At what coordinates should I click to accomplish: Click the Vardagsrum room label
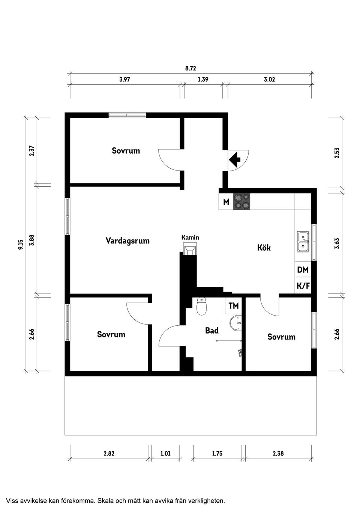coord(127,241)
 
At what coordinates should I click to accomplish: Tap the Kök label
coord(264,248)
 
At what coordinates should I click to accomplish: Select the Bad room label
coord(212,331)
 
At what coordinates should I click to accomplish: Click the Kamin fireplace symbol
coord(190,249)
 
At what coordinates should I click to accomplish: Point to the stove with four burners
coord(242,201)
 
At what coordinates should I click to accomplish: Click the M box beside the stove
coord(226,202)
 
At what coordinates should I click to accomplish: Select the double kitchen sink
coord(303,241)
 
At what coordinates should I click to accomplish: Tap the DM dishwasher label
coord(303,270)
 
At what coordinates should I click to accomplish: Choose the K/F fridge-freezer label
coord(303,286)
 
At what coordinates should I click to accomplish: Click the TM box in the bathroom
coord(234,306)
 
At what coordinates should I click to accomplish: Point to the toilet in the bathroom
coord(202,306)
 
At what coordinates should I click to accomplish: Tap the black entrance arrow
coord(235,160)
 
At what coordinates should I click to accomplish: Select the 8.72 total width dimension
coord(190,68)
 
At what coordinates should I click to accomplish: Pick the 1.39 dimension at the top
coord(203,79)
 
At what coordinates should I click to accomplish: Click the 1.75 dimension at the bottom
coord(217,454)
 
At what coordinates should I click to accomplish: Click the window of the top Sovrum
coord(127,115)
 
